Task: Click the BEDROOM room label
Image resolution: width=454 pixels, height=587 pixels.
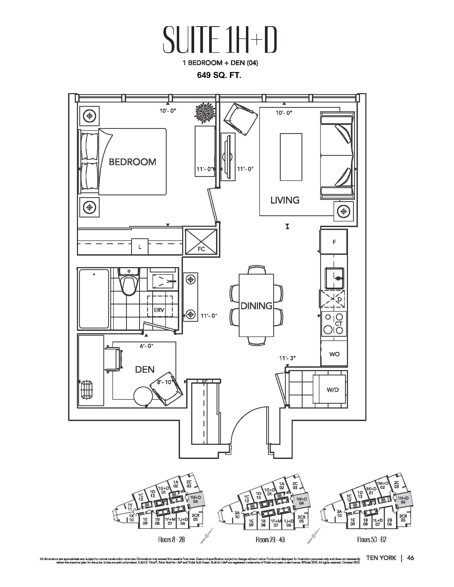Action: pos(132,162)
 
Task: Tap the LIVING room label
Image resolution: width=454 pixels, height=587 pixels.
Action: pos(285,200)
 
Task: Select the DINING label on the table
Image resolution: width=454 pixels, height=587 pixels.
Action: pos(256,306)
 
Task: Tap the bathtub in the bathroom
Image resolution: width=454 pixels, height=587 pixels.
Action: pos(94,299)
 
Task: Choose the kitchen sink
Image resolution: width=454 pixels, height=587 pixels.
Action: pos(334,277)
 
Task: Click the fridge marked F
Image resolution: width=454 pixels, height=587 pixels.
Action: pos(334,242)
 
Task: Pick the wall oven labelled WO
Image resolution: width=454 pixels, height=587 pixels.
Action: pos(334,354)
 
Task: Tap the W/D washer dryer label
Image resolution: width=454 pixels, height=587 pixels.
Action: pos(333,390)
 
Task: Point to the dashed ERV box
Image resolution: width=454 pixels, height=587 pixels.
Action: pos(159,306)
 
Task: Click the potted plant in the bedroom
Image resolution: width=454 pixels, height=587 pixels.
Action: pos(205,113)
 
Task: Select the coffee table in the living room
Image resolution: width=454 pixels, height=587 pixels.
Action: pos(291,157)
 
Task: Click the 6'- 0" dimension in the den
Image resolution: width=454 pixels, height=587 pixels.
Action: pos(147,346)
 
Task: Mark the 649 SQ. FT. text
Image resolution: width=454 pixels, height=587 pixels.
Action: pos(219,75)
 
